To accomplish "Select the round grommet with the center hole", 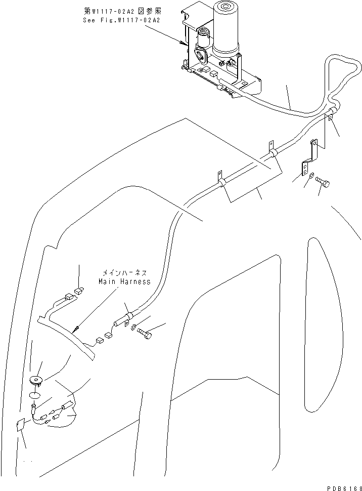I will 36,380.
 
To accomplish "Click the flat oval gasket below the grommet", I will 34,395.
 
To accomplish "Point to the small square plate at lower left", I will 20,426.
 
